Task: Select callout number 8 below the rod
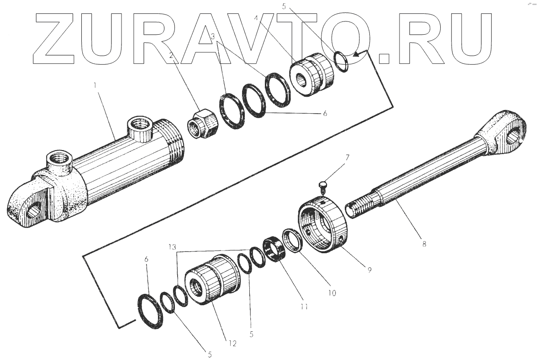coord(424,244)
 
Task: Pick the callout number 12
coord(232,343)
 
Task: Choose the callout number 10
coord(332,293)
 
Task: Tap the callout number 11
coord(304,307)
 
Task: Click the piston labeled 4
coord(311,74)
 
